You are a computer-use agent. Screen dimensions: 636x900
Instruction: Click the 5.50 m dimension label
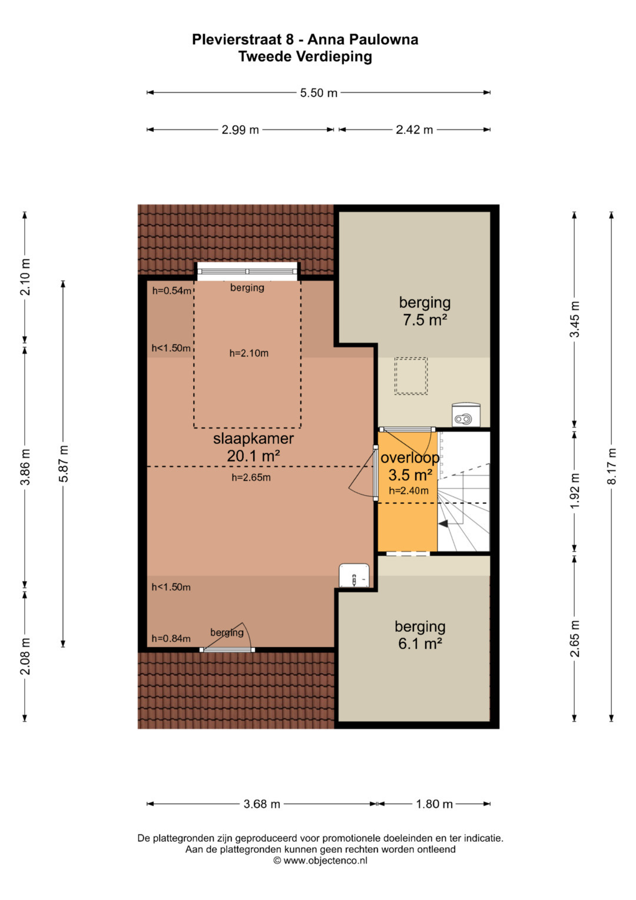(319, 93)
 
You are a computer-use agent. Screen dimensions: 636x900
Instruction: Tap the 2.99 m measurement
(240, 130)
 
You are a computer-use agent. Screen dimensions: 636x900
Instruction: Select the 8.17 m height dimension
(611, 466)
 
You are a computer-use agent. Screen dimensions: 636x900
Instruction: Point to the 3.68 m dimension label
(262, 804)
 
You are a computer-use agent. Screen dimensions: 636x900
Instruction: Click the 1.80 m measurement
(434, 804)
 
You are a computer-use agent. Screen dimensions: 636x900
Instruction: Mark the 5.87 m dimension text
(63, 463)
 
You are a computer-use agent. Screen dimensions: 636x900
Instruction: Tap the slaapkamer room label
(253, 439)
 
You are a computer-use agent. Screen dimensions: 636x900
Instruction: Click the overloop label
(410, 457)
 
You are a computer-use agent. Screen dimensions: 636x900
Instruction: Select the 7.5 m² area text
(425, 320)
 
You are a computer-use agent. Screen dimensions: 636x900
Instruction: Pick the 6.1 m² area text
(420, 644)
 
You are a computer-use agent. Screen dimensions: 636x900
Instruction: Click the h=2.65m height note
(251, 477)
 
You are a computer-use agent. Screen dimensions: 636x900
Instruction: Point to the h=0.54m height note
(171, 291)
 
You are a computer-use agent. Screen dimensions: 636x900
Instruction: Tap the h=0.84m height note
(171, 638)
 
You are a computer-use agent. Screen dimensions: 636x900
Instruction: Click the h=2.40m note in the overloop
(408, 490)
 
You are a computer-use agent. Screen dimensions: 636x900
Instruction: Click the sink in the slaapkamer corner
(354, 575)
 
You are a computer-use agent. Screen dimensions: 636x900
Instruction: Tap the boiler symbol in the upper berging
(466, 415)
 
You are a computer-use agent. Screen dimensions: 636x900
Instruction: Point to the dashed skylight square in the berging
(411, 376)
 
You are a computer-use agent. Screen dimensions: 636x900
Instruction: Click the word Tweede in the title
(265, 57)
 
